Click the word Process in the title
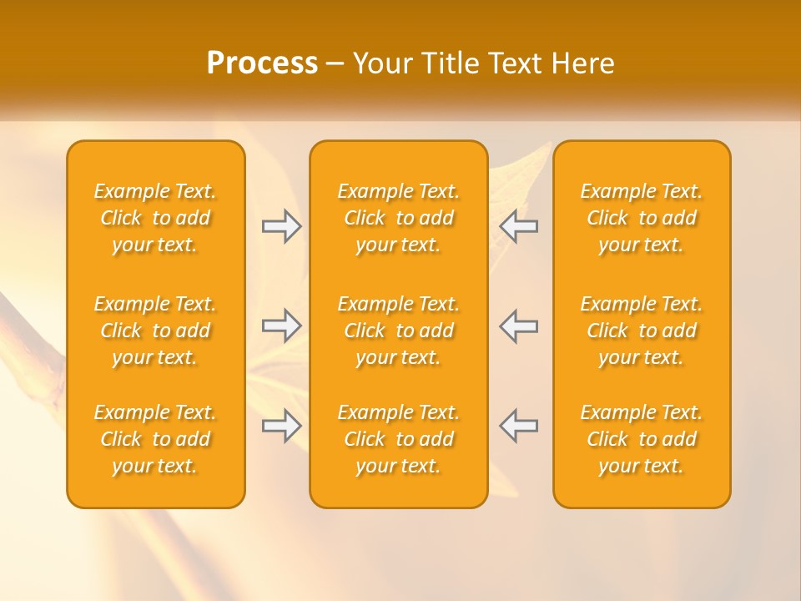pos(262,63)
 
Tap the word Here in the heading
pos(583,63)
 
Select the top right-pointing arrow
pos(282,226)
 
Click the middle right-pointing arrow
pos(282,326)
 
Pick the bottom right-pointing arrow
pos(282,426)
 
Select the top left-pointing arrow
pos(519,226)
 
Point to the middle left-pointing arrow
pos(519,326)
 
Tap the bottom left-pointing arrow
pos(519,426)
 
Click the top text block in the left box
pos(155,218)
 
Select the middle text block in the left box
pos(155,331)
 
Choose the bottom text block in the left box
pos(155,439)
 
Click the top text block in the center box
pos(399,218)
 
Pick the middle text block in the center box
pos(399,331)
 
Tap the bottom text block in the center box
pos(399,439)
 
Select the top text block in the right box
pos(642,218)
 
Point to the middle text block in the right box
pos(642,331)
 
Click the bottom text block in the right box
pos(642,439)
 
